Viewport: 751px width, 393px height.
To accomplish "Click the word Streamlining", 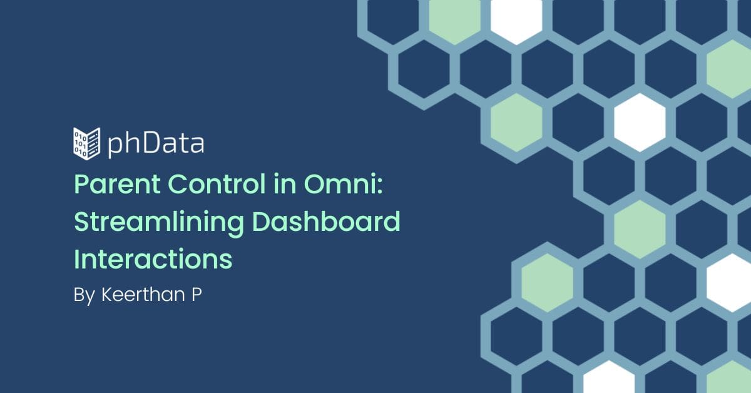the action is click(159, 223).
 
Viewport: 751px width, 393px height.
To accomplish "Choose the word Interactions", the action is click(153, 258).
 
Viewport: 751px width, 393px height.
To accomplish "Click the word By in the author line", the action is click(84, 296).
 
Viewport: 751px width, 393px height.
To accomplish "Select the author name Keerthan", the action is click(143, 294).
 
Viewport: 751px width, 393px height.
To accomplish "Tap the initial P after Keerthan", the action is click(197, 295).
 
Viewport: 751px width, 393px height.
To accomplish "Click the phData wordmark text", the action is click(156, 144).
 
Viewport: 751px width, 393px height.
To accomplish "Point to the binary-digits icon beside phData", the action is click(86, 143).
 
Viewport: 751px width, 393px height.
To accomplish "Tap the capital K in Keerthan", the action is click(107, 295).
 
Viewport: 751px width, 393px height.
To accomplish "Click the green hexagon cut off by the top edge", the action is click(454, 19).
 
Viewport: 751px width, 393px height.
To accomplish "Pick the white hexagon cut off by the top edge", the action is click(516, 19).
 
